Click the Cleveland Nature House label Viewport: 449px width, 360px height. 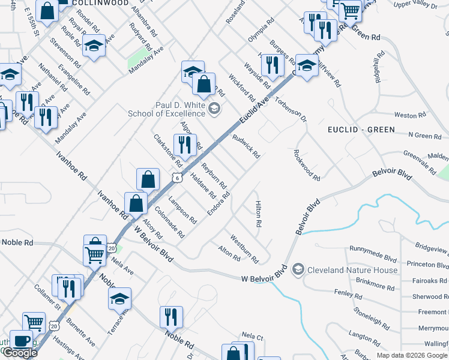click(352, 270)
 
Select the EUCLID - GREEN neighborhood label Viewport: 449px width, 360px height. click(361, 130)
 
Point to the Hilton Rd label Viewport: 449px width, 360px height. click(259, 214)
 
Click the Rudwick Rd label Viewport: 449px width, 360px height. click(246, 146)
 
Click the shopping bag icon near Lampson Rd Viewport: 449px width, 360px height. click(137, 203)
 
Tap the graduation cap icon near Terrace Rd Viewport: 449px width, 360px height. click(120, 298)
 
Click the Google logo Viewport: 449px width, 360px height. click(20, 353)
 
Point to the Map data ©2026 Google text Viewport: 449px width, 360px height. click(412, 355)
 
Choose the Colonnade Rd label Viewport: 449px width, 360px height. click(169, 221)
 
